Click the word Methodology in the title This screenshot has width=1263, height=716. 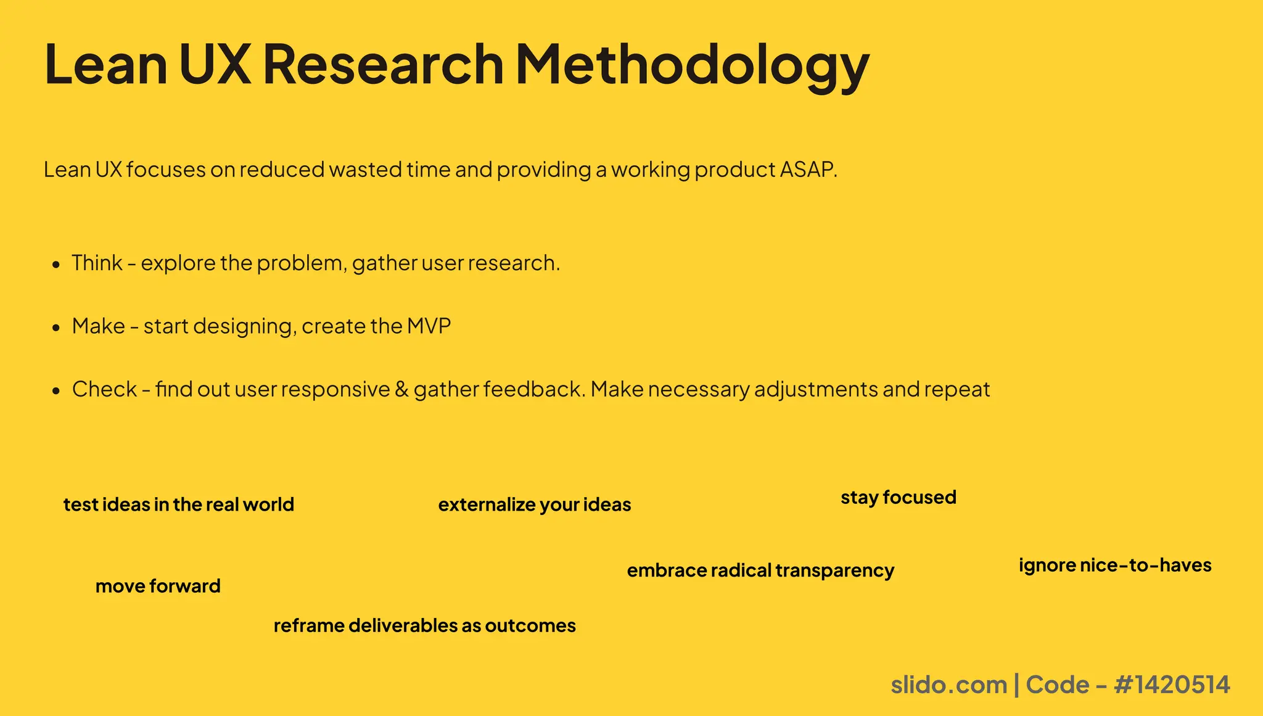(691, 66)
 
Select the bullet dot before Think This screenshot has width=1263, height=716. (56, 265)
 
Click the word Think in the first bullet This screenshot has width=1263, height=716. (97, 263)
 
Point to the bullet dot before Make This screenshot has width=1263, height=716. (56, 327)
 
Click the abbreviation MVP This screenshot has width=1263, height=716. (429, 326)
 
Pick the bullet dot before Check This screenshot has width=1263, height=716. (56, 391)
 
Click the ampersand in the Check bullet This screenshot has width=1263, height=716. (401, 390)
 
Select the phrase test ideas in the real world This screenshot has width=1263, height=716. (179, 504)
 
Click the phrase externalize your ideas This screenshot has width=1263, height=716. (535, 504)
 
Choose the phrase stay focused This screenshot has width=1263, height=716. (898, 497)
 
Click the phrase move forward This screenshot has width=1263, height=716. (158, 586)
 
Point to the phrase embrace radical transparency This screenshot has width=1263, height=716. (760, 570)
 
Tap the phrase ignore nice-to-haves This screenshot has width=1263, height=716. (1115, 565)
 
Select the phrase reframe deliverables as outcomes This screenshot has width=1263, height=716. (424, 625)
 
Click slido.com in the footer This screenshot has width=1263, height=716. (948, 685)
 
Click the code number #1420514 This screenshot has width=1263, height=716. (1172, 685)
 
